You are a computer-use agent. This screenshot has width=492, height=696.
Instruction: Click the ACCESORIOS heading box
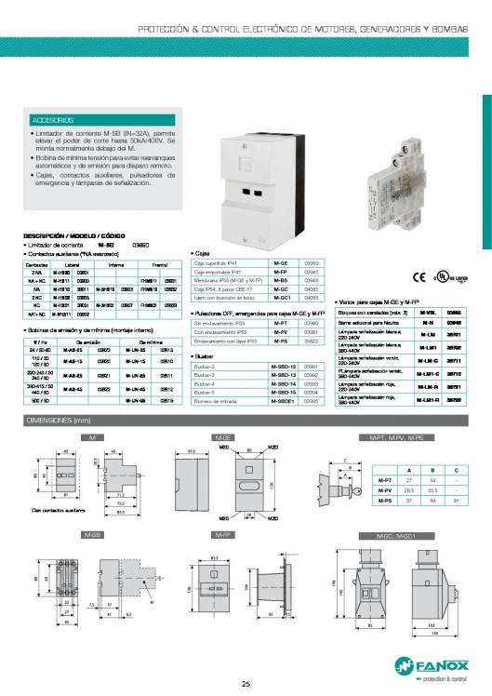tap(55, 121)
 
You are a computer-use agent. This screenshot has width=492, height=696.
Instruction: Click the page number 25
tap(246, 685)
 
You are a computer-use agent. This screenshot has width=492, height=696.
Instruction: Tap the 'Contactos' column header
tap(37, 264)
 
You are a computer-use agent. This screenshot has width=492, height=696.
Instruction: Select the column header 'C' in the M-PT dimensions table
tap(456, 470)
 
